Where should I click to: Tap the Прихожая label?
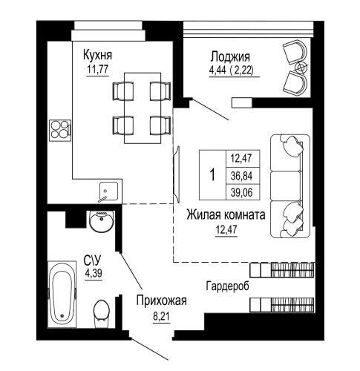[x=160, y=301]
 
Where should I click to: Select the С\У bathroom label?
[x=93, y=261]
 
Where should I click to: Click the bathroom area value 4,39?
[x=93, y=274]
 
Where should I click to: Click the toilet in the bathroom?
[x=101, y=312]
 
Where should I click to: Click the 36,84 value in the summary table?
[x=240, y=174]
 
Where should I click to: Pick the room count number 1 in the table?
[x=213, y=175]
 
